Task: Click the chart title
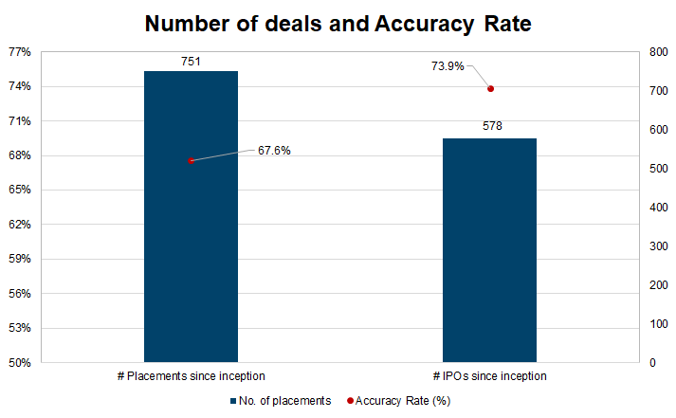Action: pos(338,25)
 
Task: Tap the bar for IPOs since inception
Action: pos(490,250)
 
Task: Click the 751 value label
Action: pos(191,60)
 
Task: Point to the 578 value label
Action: pos(490,126)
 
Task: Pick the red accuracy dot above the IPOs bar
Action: pos(490,89)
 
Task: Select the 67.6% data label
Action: pos(274,150)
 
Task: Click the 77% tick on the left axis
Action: pos(20,52)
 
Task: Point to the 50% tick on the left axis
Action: pos(20,363)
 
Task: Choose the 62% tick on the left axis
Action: pos(20,225)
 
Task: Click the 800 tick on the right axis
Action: pos(655,52)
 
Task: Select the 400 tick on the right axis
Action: pos(655,208)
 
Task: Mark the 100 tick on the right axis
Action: pos(655,324)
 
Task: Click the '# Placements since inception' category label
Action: pos(191,377)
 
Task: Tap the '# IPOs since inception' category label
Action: pos(490,377)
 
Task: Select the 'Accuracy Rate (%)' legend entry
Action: pos(399,401)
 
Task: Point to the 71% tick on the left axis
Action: pos(20,121)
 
